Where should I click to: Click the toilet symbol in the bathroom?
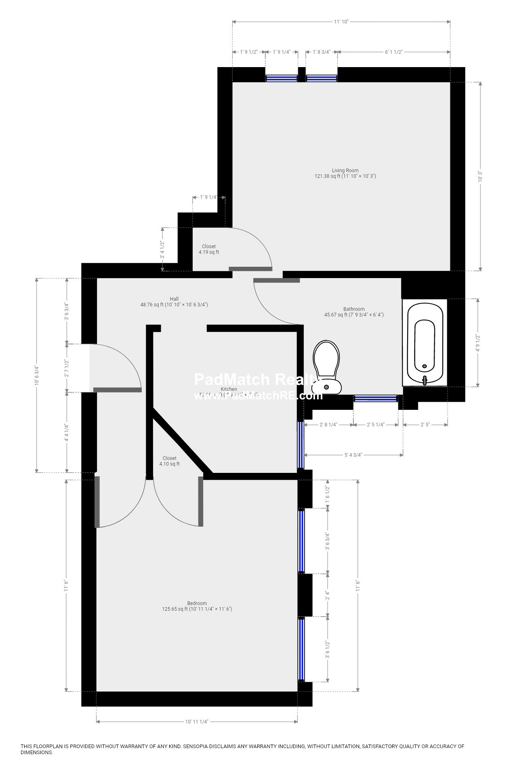coord(326,366)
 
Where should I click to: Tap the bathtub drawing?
coord(425,343)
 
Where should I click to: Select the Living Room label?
coord(345,173)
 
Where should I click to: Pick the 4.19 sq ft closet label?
coord(209,249)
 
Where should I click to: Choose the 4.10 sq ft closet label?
coord(169,461)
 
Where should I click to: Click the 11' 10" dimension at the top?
coord(341,22)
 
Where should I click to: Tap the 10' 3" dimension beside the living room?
coord(480,177)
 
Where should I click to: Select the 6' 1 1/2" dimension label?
coord(394,52)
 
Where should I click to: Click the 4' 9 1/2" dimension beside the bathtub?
coord(478,343)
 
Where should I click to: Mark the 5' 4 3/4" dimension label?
coord(353,455)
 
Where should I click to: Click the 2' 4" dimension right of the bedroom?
coord(328,595)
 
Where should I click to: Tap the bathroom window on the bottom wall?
coord(376,399)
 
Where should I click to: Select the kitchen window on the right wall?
coord(301,445)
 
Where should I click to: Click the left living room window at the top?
coord(281,78)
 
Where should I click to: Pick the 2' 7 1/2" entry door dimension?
coord(67,368)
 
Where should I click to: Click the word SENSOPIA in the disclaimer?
coord(200,746)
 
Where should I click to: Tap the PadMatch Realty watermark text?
coord(254,380)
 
